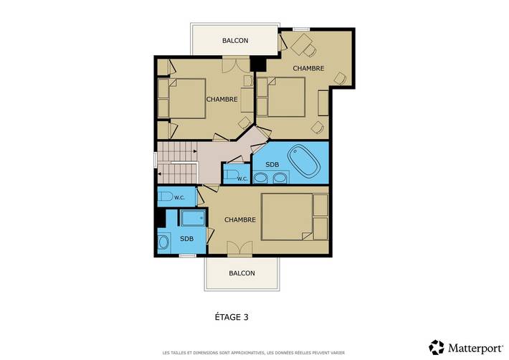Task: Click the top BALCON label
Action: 235,41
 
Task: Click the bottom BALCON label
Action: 242,273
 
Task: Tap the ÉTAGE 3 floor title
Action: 232,317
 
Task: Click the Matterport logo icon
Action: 437,347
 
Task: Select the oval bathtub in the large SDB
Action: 305,161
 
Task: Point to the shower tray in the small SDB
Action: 193,218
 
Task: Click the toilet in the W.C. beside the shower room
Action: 165,196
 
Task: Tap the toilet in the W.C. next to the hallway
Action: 232,175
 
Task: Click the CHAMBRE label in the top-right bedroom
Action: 308,68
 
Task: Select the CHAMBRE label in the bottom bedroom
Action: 240,219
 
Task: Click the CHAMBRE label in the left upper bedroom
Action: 222,100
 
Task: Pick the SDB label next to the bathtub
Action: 272,164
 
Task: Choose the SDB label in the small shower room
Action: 186,239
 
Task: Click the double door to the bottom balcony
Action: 240,249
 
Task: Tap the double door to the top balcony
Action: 236,65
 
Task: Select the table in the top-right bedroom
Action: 301,44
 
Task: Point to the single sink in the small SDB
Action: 163,242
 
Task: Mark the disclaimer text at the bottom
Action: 254,353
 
